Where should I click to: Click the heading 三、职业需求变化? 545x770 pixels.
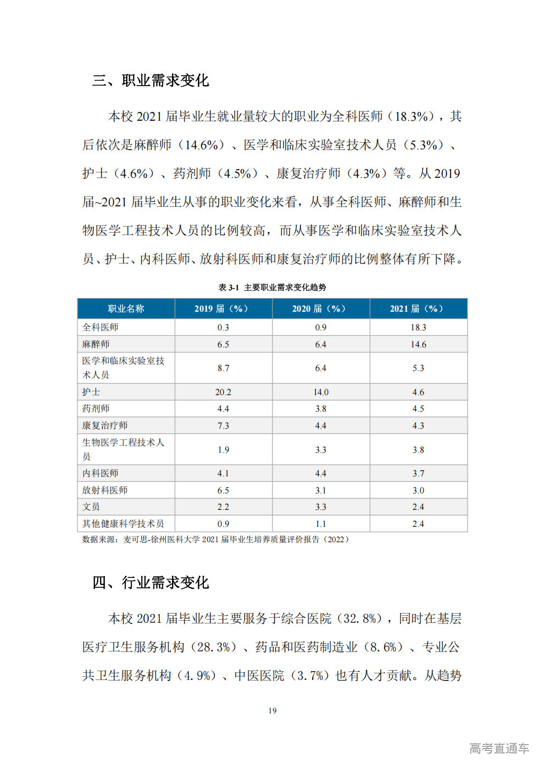(151, 81)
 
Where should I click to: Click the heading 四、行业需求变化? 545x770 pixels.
(151, 582)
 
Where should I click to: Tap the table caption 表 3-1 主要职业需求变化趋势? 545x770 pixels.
(272, 287)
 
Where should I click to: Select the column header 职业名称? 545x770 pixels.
(126, 308)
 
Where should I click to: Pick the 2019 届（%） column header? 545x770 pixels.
(223, 308)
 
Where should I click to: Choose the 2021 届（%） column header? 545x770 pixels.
(418, 308)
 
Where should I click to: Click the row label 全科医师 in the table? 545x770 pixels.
(101, 327)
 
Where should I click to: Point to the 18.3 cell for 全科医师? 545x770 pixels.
(418, 327)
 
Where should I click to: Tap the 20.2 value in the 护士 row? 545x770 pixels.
(223, 392)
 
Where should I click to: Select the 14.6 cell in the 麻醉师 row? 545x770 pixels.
(418, 344)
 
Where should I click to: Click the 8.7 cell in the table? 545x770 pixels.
(223, 368)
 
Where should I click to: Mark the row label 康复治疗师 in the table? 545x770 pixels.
(105, 425)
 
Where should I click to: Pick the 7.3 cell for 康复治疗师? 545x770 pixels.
(223, 425)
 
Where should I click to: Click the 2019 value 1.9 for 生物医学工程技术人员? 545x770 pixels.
(223, 449)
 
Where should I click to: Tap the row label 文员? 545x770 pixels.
(91, 507)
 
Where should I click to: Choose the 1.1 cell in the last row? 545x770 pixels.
(321, 524)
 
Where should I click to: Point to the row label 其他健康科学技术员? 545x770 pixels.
(123, 524)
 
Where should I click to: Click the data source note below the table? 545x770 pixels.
(215, 539)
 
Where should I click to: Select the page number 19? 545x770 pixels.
(272, 711)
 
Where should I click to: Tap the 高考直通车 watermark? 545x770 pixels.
(499, 748)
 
